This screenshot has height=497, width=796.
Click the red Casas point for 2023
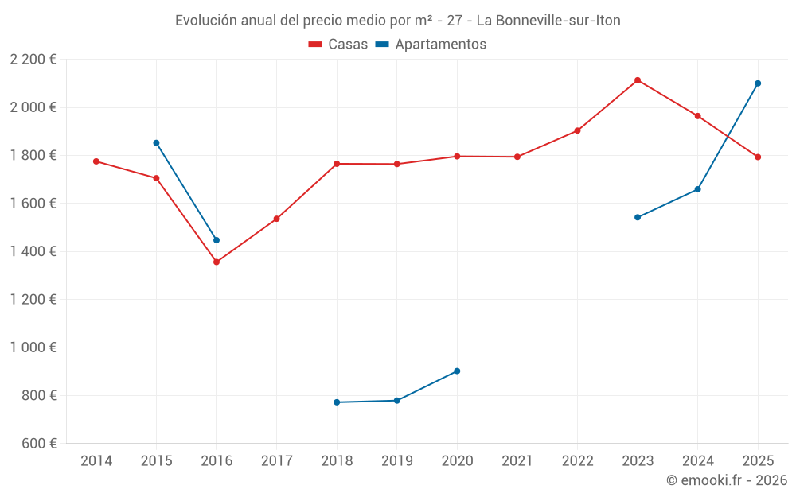tap(638, 80)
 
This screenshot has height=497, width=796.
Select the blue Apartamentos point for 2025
tap(758, 83)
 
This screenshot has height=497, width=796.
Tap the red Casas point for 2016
tap(217, 262)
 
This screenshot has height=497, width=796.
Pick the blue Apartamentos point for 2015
tap(156, 143)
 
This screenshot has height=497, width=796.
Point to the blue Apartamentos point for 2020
tap(457, 371)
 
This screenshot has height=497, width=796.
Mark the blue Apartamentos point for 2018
tap(337, 402)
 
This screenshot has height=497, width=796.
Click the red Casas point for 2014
tap(96, 161)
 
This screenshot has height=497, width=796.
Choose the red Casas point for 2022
tap(577, 130)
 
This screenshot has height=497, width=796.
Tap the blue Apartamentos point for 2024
tap(697, 189)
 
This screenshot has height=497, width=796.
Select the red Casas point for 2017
tap(276, 219)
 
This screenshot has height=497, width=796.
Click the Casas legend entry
tap(338, 45)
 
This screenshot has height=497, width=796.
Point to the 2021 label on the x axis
tap(517, 461)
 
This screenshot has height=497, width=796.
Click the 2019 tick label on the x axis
tap(396, 461)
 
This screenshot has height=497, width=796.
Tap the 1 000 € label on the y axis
tap(33, 348)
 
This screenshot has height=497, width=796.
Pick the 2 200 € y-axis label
tap(33, 60)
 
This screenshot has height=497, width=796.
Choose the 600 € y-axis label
tap(38, 444)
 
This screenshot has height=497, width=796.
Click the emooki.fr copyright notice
tap(727, 480)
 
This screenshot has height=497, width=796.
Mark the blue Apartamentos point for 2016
tap(217, 240)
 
